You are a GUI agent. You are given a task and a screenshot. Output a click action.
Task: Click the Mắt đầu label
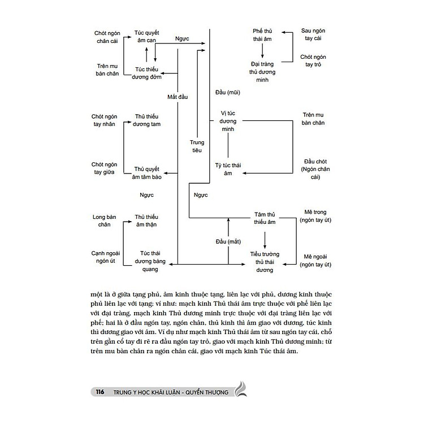177,97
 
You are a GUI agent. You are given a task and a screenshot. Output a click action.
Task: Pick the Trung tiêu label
196,146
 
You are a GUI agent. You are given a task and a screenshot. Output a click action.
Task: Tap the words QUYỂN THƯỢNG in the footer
207,392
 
